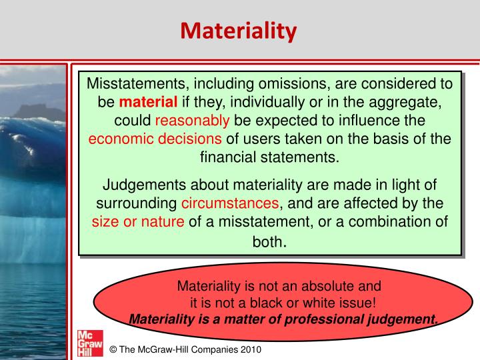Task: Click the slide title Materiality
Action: [239, 31]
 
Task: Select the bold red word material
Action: [148, 103]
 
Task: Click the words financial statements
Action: [269, 157]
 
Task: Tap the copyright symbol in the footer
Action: [113, 349]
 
